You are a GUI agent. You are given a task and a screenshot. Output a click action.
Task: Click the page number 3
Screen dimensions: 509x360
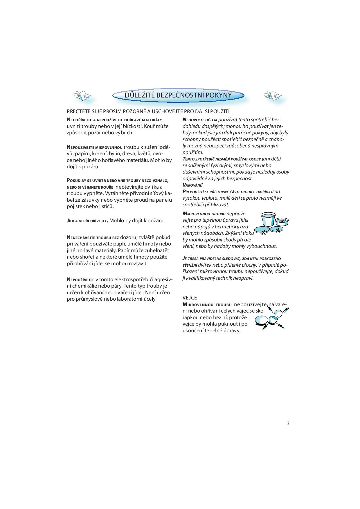point(288,423)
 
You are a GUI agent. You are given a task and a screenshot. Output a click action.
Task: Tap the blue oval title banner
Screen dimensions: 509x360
point(178,95)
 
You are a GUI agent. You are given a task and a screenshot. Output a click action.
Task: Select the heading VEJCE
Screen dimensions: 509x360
point(190,298)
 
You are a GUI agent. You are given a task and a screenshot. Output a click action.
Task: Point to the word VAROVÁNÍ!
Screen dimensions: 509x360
point(192,185)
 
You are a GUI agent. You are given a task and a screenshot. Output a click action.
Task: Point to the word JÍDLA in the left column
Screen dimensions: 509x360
point(71,221)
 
